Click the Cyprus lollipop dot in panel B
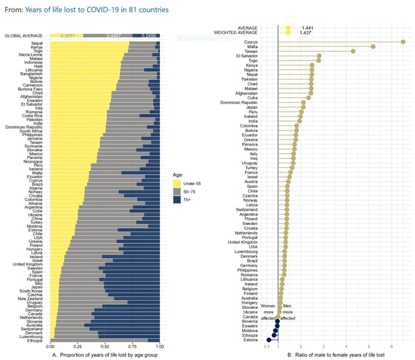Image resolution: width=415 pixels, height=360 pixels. [403, 42]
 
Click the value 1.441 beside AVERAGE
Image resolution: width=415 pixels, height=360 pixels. [308, 28]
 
